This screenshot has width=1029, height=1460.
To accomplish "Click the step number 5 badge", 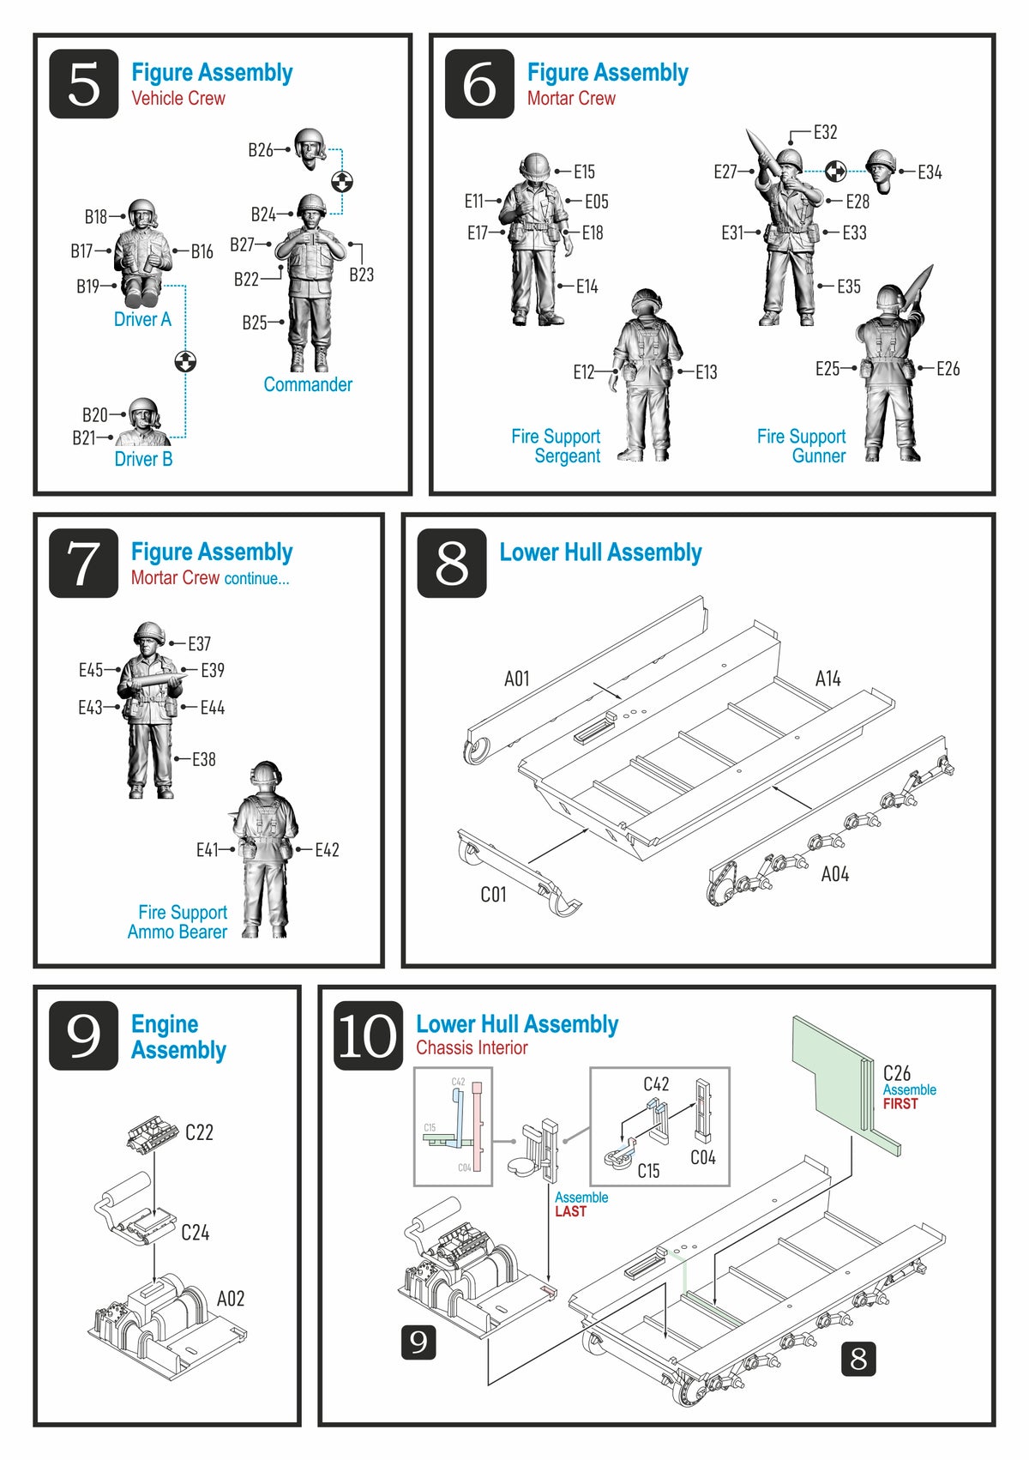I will pyautogui.click(x=83, y=84).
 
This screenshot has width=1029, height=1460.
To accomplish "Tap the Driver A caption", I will pyautogui.click(x=142, y=319).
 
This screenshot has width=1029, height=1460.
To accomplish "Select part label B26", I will pyautogui.click(x=260, y=150).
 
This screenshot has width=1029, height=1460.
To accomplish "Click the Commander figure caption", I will pyautogui.click(x=307, y=384).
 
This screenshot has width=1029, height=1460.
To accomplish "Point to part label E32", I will pyautogui.click(x=825, y=132).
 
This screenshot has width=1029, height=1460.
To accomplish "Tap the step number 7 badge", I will pyautogui.click(x=83, y=564).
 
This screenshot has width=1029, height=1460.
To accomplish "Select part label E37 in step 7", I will pyautogui.click(x=199, y=643).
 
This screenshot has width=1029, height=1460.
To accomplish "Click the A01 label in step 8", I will pyautogui.click(x=516, y=679).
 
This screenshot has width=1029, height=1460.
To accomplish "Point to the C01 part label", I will pyautogui.click(x=493, y=895).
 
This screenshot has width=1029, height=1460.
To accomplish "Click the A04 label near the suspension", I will pyautogui.click(x=834, y=874).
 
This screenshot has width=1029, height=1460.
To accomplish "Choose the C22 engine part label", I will pyautogui.click(x=199, y=1132).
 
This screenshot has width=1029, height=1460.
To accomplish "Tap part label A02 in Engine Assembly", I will pyautogui.click(x=231, y=1298).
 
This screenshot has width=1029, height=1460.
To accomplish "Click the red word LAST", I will pyautogui.click(x=570, y=1211).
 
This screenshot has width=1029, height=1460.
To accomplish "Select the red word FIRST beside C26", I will pyautogui.click(x=900, y=1104).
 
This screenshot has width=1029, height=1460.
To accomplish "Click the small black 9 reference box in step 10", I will pyautogui.click(x=418, y=1342).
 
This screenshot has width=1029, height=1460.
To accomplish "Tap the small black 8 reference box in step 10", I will pyautogui.click(x=858, y=1358).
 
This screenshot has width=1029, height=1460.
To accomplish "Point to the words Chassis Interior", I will pyautogui.click(x=472, y=1047).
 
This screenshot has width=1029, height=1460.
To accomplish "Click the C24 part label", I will pyautogui.click(x=196, y=1233).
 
